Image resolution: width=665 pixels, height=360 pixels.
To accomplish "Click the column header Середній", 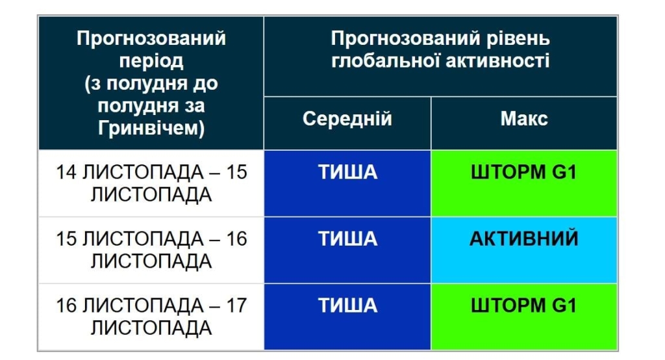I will click(x=347, y=119).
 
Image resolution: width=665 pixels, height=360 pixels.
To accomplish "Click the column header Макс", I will click(x=524, y=119).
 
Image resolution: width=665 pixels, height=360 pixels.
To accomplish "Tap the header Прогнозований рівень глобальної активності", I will click(x=440, y=49).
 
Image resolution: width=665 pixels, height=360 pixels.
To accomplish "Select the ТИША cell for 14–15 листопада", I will click(x=347, y=172).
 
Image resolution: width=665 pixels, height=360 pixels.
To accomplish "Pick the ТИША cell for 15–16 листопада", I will click(x=347, y=238).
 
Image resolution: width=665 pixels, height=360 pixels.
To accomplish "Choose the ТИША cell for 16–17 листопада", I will click(x=347, y=305).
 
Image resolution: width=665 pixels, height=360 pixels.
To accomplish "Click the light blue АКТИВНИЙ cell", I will click(x=524, y=238).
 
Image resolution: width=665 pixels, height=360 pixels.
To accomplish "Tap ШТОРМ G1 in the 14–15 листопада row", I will click(x=524, y=172).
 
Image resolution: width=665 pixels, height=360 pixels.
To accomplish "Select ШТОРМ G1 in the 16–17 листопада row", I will click(x=524, y=305).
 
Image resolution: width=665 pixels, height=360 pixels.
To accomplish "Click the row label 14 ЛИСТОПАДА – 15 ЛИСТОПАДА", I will click(x=151, y=183).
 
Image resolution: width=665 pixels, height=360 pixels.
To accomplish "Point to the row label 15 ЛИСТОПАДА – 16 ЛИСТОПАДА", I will click(x=151, y=250).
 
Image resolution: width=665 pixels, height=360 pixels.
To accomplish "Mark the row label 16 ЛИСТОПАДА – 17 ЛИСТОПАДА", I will click(x=151, y=316).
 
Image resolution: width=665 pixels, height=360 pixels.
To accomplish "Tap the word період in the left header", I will click(x=151, y=61).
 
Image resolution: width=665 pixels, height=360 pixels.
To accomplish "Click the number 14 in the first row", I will click(x=66, y=173).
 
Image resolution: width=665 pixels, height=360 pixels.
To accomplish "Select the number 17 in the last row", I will click(x=236, y=305).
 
